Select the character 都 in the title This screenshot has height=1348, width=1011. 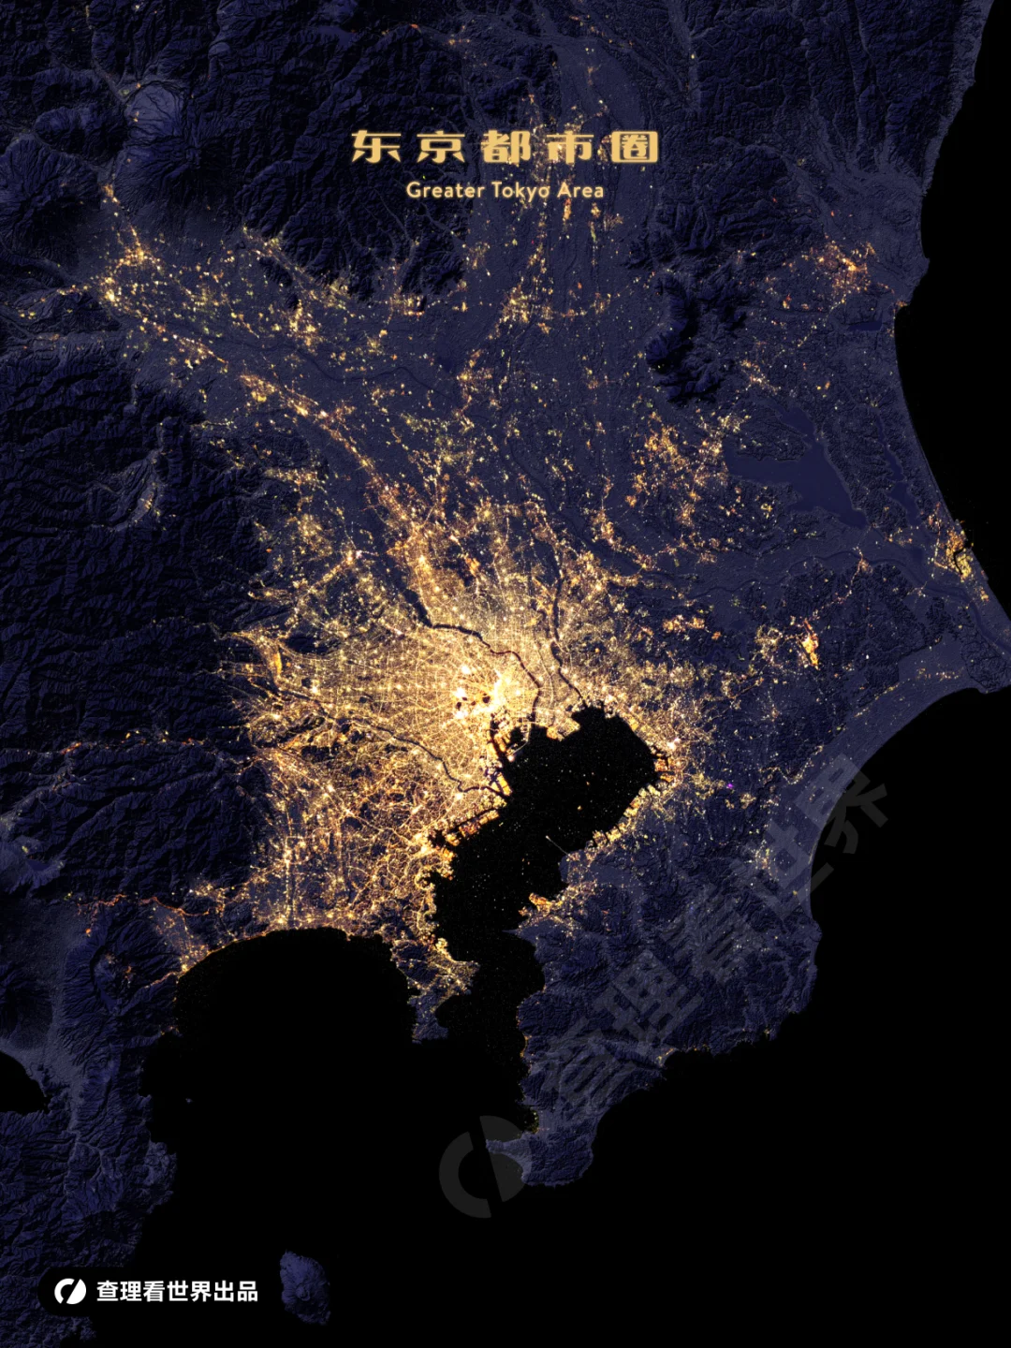pos(505,147)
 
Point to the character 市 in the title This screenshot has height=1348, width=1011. pos(570,147)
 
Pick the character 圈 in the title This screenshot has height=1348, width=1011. pos(635,147)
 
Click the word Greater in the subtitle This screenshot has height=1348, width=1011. pos(445,190)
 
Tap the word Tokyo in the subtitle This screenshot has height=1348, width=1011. pos(520,190)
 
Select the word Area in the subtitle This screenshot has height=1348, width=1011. pos(580,190)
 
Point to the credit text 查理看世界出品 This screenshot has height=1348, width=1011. pos(177,1292)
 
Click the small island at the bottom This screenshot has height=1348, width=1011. pos(305,1286)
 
